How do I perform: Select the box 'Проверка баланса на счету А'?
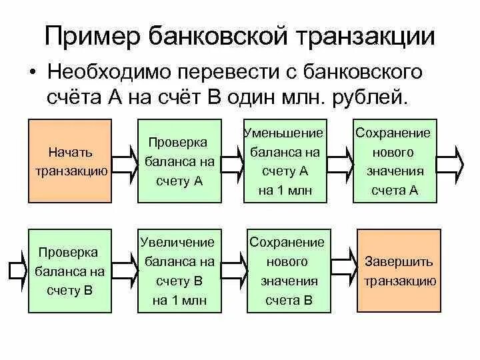pos(179,161)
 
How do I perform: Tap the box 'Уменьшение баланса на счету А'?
pos(288,161)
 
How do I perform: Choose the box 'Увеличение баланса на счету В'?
pos(179,270)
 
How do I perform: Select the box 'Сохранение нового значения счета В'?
pos(288,270)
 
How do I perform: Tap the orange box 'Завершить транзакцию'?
pos(398,270)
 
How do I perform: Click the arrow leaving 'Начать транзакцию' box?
pos(124,161)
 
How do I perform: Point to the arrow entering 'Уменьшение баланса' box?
pos(233,161)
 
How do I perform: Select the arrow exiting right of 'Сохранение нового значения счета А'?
pos(451,161)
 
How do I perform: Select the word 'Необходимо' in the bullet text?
pos(116,73)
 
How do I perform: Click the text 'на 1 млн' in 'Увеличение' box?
pos(179,300)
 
